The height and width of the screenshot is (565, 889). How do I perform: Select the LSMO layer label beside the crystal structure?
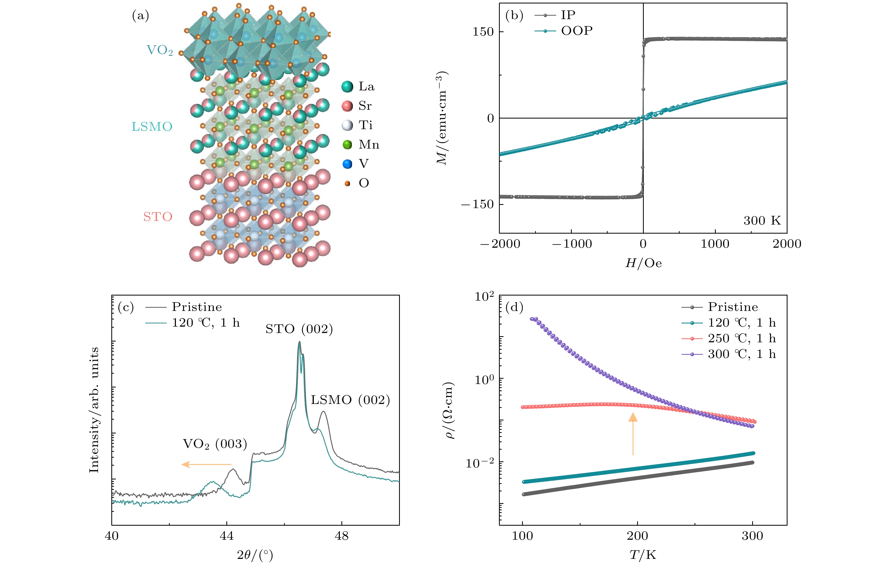point(152,127)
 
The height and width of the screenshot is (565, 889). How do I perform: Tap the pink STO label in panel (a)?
point(158,217)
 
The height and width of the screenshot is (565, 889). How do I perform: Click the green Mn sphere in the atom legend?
point(347,144)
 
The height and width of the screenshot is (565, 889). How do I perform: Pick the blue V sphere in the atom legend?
point(347,164)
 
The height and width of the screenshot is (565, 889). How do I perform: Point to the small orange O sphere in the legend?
point(347,183)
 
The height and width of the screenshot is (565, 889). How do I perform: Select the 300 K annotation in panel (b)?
point(762,221)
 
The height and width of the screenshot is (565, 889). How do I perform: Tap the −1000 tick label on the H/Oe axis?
point(571,244)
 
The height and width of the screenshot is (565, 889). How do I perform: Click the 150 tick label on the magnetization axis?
point(483,32)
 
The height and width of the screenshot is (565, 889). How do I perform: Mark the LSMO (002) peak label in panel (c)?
point(350,400)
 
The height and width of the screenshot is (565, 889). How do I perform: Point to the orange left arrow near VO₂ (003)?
point(206,464)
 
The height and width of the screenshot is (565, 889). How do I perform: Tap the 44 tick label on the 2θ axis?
point(227,536)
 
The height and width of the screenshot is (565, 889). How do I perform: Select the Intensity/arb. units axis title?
point(94,410)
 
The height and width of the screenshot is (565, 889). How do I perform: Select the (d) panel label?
point(514,307)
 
